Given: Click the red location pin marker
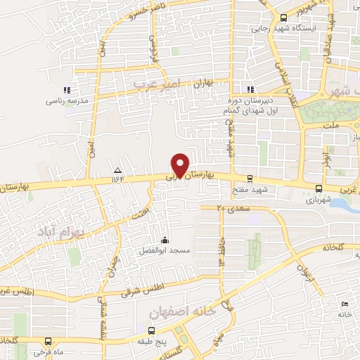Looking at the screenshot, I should (181, 165).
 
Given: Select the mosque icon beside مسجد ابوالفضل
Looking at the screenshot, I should (165, 238).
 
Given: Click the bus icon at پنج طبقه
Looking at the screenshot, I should (151, 329).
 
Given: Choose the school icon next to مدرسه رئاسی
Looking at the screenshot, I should (67, 90).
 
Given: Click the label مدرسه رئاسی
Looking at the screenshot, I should (67, 101).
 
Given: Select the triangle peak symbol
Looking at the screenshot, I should (117, 171).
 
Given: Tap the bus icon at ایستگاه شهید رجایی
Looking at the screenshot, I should (283, 18).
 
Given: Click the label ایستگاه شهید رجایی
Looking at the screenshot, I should (304, 29).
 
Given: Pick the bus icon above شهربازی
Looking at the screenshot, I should (320, 188).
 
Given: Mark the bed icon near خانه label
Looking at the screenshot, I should (344, 304).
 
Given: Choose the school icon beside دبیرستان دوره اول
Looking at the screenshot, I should (249, 89).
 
